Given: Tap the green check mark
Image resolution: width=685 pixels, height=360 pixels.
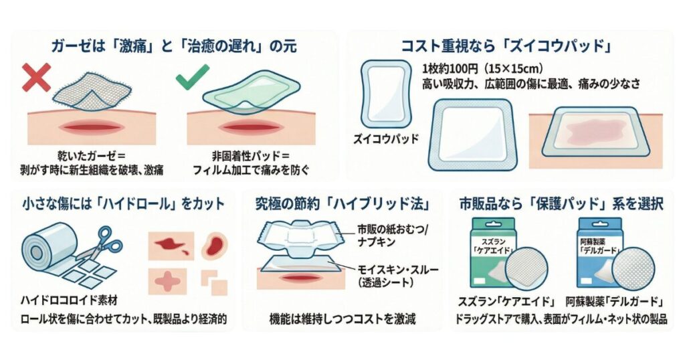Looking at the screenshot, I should (x=189, y=80).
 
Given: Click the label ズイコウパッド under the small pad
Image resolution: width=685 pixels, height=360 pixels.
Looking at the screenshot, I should (x=386, y=139).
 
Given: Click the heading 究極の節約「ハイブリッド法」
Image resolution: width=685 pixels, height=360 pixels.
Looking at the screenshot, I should (x=342, y=203).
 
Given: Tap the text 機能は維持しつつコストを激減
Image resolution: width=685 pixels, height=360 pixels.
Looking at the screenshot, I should (x=342, y=319).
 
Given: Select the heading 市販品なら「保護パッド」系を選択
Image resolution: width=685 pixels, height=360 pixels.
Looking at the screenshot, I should (x=561, y=203).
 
